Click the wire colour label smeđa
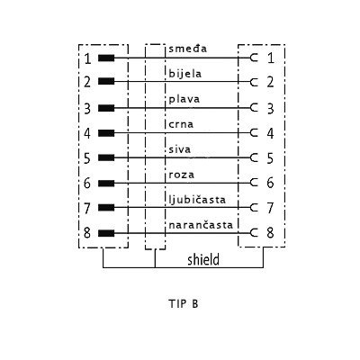188,49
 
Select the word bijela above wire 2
185,74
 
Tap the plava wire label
184,99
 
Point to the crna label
181,124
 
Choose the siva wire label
180,149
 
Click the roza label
182,175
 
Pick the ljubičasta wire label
197,200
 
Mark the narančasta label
201,225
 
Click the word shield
203,260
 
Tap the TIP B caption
184,303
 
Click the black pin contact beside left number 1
106,58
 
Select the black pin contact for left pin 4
106,133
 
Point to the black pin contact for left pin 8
106,233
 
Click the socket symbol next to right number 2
254,82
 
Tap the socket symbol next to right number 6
254,183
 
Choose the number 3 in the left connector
87,109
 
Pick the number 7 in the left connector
87,209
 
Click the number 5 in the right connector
270,158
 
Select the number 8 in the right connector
270,232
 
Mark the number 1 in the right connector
271,58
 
